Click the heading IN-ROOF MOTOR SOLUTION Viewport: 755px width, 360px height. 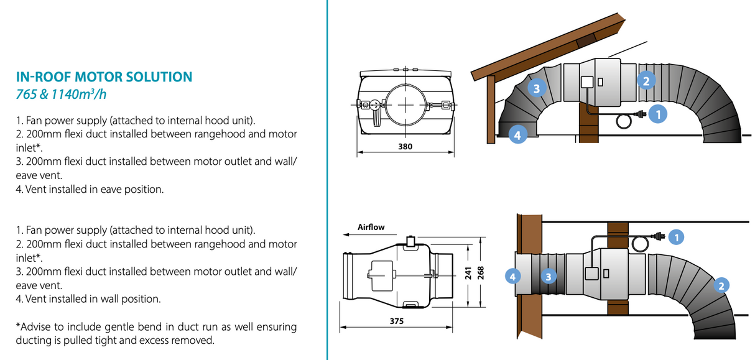coord(104,77)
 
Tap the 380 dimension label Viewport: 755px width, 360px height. coord(405,147)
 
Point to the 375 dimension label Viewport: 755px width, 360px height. coord(397,321)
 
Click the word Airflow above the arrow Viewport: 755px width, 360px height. coord(371,227)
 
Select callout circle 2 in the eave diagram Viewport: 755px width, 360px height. coord(646,80)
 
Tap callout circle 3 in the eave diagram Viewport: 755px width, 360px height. coord(537,88)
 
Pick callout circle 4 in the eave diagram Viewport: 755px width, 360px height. coord(517,133)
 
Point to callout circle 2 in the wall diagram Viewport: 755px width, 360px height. coord(721,285)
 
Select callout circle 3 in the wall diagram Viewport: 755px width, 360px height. coord(548,275)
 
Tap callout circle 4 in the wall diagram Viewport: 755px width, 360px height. coord(512,275)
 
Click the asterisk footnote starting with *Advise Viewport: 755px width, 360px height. coord(155,333)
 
